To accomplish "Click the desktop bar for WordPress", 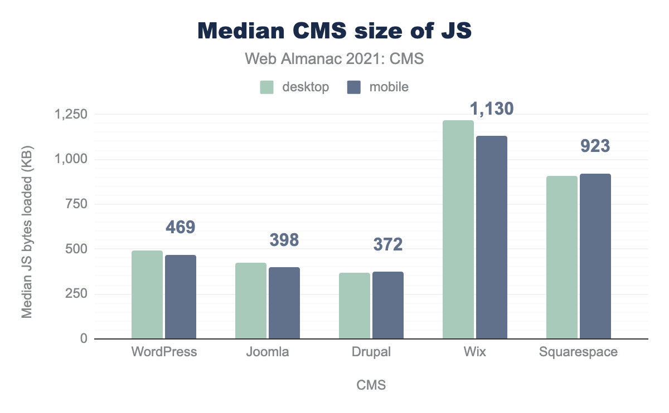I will point(147,294).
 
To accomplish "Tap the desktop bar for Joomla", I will point(251,301).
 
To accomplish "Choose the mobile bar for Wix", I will point(492,237).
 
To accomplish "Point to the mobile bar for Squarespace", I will point(595,256).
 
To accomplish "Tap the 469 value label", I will point(181,227).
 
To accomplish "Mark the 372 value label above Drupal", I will point(388,244).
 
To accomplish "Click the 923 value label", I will point(595,146).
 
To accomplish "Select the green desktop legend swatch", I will point(267,87).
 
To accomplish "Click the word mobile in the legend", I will point(389,87).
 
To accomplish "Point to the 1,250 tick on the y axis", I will point(71,115).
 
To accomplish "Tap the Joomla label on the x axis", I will point(268,352).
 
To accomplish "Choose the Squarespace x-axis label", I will point(579,352).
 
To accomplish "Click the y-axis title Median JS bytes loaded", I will point(27,233).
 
